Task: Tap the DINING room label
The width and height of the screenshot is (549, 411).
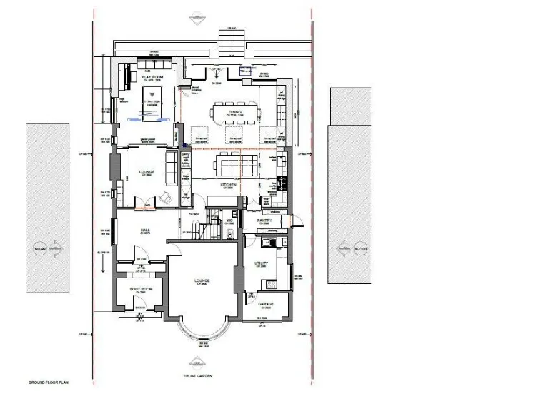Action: pos(235,112)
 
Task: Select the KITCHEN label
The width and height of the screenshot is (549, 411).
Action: pos(228,185)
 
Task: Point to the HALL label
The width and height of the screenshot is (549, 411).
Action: pos(144,230)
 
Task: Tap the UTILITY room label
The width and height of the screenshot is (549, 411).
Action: pos(262,263)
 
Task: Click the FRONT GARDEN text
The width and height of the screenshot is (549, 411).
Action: pos(197,376)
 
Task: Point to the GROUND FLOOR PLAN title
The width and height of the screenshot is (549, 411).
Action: pos(48,382)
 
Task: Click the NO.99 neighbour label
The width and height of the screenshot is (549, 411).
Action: pos(39,249)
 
